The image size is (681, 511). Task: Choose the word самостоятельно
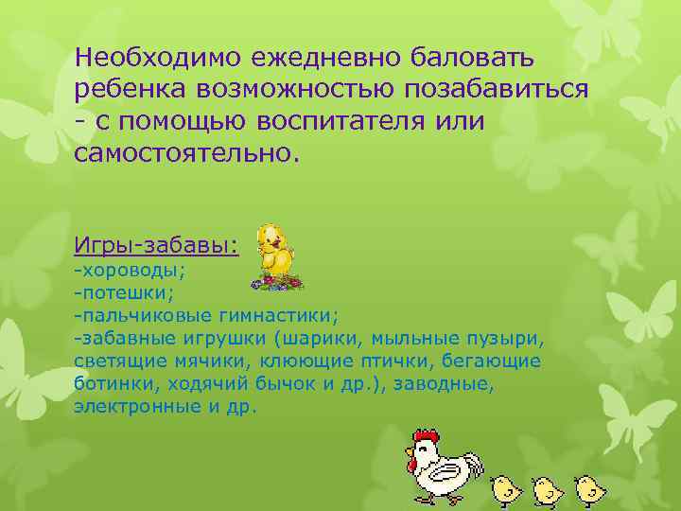[185, 152]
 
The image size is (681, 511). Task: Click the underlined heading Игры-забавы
[156, 245]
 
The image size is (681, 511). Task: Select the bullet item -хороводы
[130, 271]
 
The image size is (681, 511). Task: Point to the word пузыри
[506, 338]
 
